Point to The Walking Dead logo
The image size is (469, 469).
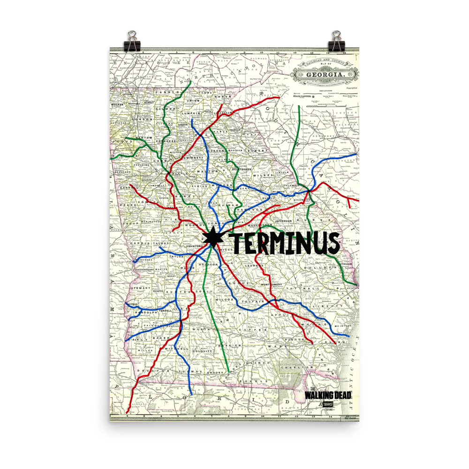coord(328,395)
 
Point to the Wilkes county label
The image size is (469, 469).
coord(263,175)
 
